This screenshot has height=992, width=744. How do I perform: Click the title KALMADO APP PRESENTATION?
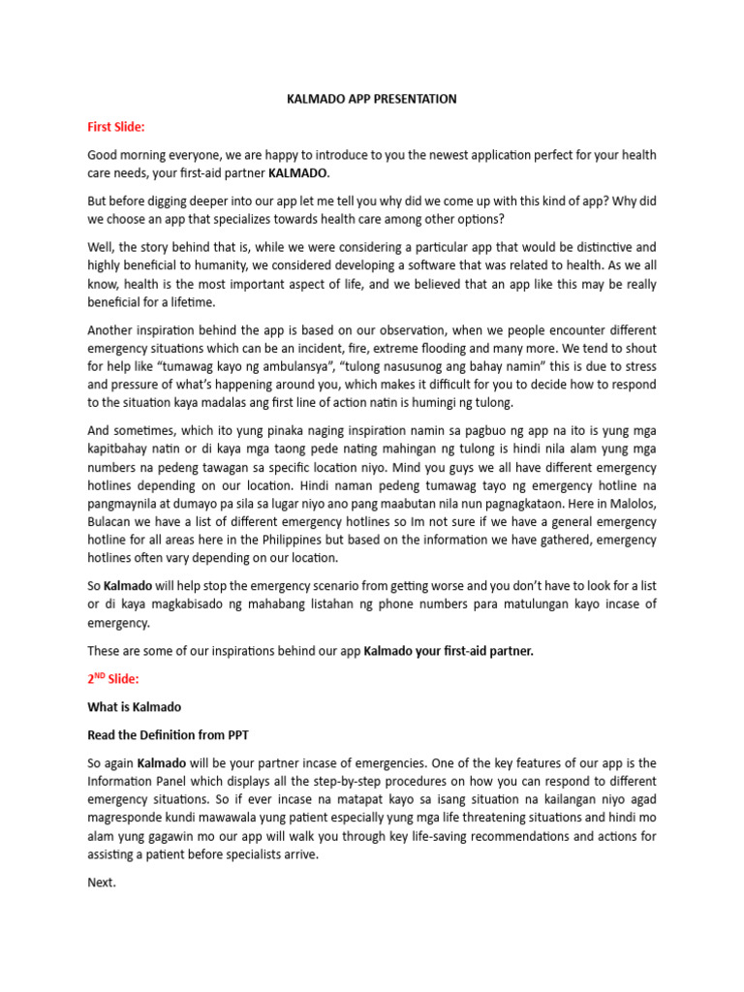(372, 99)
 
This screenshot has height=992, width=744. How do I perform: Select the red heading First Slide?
(115, 127)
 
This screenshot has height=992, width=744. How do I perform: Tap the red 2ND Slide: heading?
(113, 680)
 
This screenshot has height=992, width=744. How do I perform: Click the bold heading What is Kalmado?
(135, 707)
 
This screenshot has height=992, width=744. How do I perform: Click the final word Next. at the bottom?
(102, 883)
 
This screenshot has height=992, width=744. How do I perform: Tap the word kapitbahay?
(121, 449)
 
